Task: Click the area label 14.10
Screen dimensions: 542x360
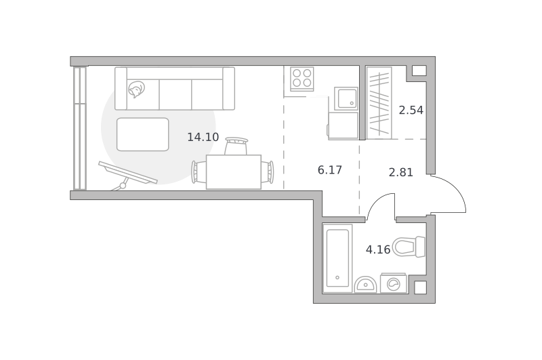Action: tap(203, 138)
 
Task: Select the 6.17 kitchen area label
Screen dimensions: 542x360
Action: tap(330, 170)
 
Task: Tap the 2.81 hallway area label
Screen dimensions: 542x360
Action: tap(401, 172)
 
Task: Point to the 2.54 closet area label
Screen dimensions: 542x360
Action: tap(411, 111)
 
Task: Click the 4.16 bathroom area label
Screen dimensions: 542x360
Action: tap(378, 249)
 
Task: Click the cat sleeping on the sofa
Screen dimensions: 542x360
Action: tap(136, 89)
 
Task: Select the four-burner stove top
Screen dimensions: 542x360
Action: tap(302, 79)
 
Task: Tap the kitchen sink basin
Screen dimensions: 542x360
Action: tap(346, 98)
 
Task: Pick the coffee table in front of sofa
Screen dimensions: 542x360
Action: tap(143, 134)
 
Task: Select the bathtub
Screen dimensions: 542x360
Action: tap(337, 258)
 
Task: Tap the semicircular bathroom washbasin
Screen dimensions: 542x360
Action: tap(365, 285)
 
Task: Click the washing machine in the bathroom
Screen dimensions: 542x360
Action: tap(394, 283)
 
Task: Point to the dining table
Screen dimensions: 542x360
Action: tap(234, 172)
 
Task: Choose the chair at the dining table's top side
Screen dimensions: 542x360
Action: tap(236, 146)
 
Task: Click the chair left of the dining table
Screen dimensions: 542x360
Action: tap(199, 172)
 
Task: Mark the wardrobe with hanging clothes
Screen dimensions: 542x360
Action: tap(379, 103)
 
